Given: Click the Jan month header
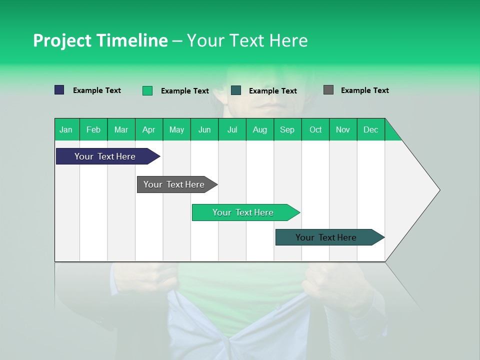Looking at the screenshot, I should point(66,129).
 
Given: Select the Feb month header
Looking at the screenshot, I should point(93,129).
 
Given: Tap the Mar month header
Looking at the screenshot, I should point(121,129).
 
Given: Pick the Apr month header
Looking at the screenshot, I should point(149,129).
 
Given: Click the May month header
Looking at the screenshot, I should point(176,129).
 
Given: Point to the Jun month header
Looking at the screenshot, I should point(204,129).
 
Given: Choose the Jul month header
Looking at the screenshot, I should point(232,129).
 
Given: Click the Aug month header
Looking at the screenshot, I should point(260,129).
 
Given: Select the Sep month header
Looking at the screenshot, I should point(287,129).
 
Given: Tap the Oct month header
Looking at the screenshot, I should point(315,129).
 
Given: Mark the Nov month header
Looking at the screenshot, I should point(343,129).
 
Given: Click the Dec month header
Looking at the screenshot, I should point(371,129).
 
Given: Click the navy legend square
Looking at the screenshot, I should point(59,90).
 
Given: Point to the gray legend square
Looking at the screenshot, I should point(328,90).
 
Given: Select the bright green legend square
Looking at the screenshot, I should point(147,90).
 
